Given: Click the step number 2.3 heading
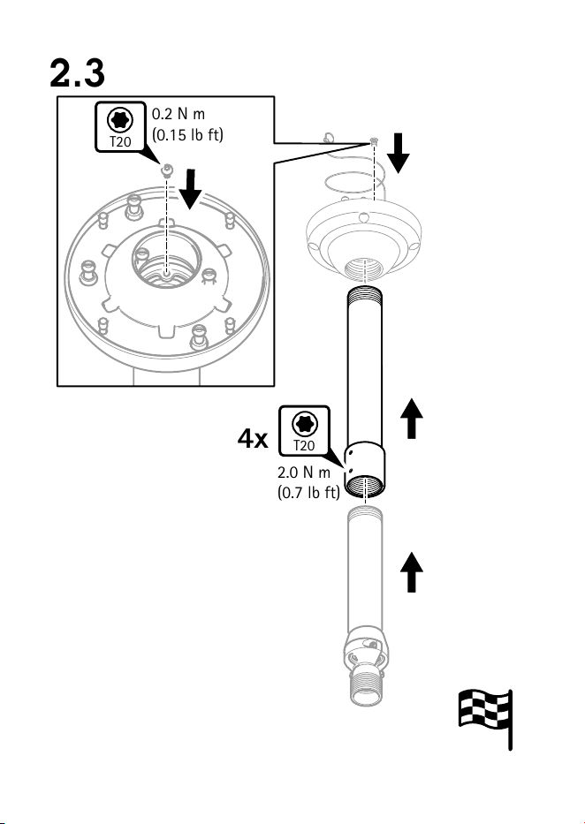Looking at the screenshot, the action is [77, 73].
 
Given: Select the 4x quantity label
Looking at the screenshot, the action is [253, 438].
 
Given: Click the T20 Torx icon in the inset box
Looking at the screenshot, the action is [120, 127].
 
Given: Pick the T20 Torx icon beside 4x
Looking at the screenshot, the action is [304, 431].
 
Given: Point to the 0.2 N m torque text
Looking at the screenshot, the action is [179, 114].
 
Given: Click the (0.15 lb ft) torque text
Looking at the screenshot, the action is [187, 134].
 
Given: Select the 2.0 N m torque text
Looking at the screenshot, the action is [304, 472].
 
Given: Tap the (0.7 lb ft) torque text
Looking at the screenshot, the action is [308, 493].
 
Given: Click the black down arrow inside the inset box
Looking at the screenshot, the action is [190, 188].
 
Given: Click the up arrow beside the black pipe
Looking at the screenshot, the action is [412, 419].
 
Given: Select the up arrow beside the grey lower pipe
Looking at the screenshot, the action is [412, 572].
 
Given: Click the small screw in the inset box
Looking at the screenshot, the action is [167, 170].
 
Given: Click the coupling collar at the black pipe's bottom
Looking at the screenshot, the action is [364, 471].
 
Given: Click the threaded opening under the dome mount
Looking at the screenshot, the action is [363, 269].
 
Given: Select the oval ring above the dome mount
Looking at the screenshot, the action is [353, 184].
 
